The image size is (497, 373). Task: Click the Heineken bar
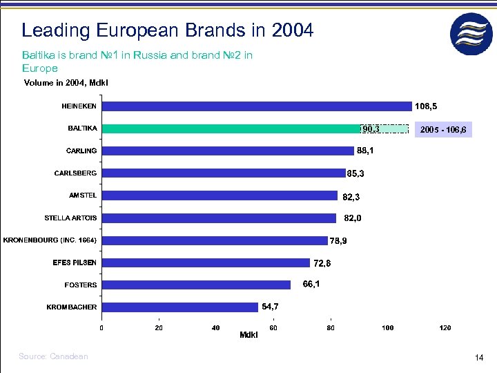pos(257,106)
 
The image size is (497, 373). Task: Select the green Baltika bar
pos(231,128)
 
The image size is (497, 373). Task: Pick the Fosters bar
pos(197,285)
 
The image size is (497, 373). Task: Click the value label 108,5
pos(426,106)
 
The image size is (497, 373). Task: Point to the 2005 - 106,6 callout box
pos(443,129)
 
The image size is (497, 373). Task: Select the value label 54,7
pos(271,306)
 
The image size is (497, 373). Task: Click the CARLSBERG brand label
pos(75,173)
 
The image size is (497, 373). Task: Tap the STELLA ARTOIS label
pos(70,218)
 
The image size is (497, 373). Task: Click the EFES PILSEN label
pos(75,262)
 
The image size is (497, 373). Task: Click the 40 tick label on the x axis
pos(216,327)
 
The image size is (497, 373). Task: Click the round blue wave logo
pos(471,34)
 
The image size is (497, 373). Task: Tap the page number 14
pos(479,357)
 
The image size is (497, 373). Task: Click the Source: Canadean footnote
pos(54,356)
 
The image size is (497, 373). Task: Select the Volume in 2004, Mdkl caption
pos(66,83)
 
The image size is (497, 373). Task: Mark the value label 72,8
pos(322,263)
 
